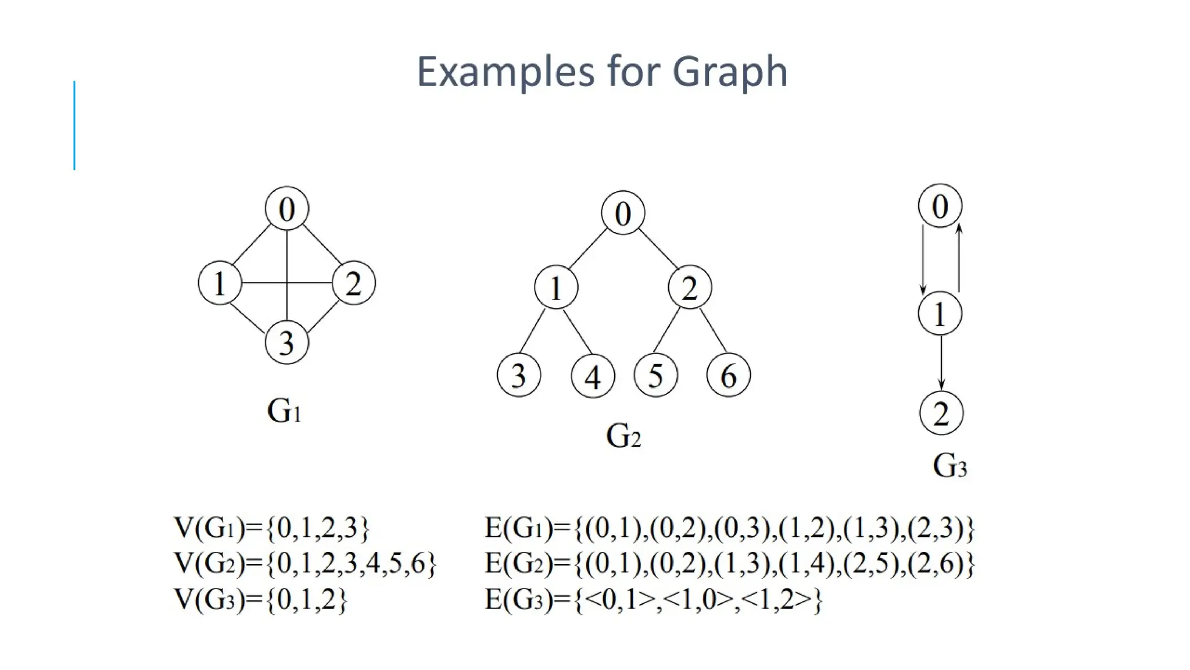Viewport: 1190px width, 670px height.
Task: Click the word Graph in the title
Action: (x=730, y=72)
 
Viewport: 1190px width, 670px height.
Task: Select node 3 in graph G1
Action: (x=286, y=342)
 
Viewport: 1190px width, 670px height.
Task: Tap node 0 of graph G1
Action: (x=286, y=209)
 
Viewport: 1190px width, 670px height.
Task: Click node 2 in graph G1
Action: (x=353, y=283)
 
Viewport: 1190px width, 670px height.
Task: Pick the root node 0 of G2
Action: (x=622, y=213)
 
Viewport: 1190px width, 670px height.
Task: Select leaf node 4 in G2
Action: (x=593, y=376)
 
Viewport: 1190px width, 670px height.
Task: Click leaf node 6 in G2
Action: (x=728, y=375)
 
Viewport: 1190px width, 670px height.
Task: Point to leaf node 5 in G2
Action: (x=655, y=375)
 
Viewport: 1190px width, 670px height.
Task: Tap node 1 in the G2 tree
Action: (x=556, y=287)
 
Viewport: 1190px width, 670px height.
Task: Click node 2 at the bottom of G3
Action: (x=941, y=413)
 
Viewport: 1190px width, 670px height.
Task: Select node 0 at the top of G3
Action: (x=940, y=206)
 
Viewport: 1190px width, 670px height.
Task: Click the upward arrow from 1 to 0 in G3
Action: (x=959, y=258)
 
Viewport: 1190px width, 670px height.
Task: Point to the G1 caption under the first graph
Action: (x=284, y=411)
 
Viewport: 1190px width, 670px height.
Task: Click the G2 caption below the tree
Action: (x=623, y=436)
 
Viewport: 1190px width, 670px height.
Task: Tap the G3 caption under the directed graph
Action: (x=949, y=466)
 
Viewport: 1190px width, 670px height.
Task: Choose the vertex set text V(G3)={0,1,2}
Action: (x=260, y=600)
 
